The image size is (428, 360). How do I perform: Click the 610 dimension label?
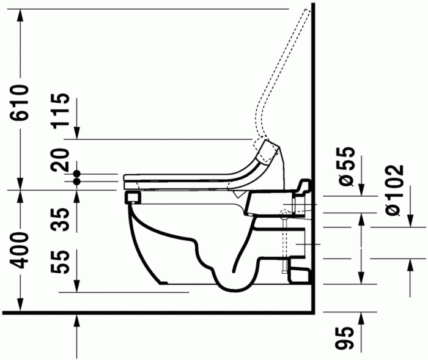pyautogui.click(x=20, y=103)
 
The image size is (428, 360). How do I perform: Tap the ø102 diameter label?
pyautogui.click(x=394, y=189)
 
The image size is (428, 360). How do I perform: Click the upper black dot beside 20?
pyautogui.click(x=77, y=174)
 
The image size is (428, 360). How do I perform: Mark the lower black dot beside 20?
pyautogui.click(x=77, y=181)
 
